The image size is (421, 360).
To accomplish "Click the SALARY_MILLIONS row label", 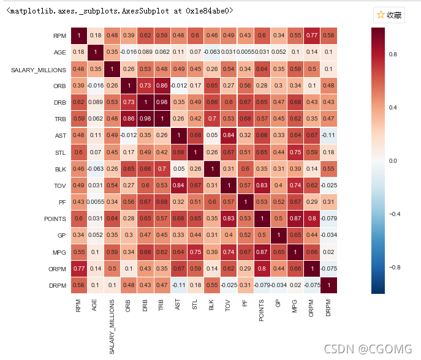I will tap(39, 70).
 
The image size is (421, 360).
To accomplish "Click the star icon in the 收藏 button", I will tap(381, 15).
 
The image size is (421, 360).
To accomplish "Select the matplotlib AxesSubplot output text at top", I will tap(119, 11).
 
